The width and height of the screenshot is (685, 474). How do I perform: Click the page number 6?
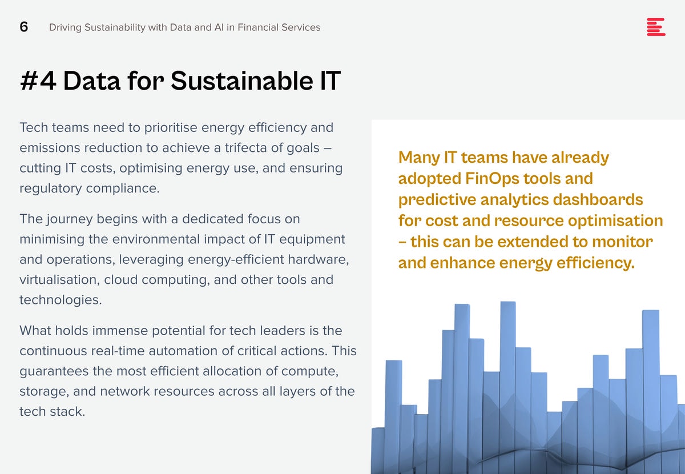pyautogui.click(x=24, y=27)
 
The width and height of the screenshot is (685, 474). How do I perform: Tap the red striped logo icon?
pyautogui.click(x=656, y=27)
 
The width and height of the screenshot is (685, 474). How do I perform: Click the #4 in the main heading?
pyautogui.click(x=38, y=81)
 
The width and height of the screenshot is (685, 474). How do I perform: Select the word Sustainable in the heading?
pyautogui.click(x=241, y=81)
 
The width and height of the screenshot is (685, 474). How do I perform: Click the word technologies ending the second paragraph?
pyautogui.click(x=61, y=300)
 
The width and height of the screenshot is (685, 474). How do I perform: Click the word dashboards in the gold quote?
pyautogui.click(x=598, y=199)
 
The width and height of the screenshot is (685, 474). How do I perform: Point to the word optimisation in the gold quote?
pyautogui.click(x=615, y=221)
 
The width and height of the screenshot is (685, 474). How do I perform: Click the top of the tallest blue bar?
pyautogui.click(x=508, y=302)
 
